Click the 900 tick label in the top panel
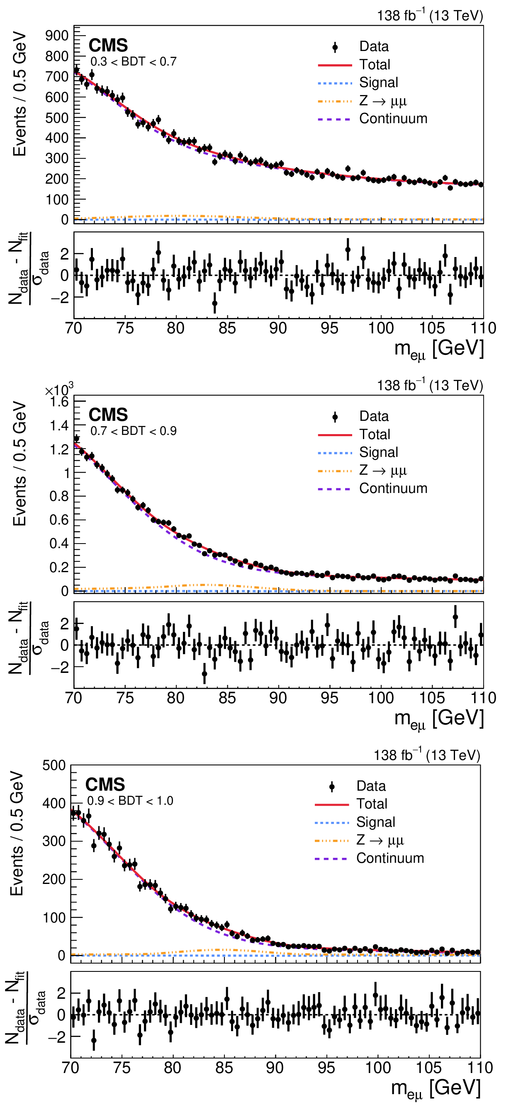coord(57,36)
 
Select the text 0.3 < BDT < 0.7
coord(133,62)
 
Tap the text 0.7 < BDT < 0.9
coord(133,431)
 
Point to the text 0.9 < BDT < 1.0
coord(130,801)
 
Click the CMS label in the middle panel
coord(108,415)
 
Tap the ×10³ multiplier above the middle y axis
coord(59,389)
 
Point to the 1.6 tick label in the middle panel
coord(59,402)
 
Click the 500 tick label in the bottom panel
coord(54,765)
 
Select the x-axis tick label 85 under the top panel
coord(227,328)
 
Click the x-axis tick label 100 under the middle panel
coord(380,698)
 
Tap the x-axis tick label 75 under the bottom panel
coord(122,1068)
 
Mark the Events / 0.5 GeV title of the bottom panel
coord(17,834)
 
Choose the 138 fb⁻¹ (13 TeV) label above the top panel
coord(430,15)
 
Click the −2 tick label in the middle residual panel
coord(59,668)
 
